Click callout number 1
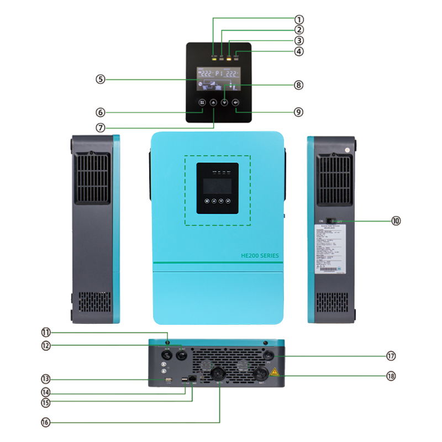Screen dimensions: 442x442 pyautogui.click(x=299, y=19)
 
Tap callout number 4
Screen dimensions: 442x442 pyautogui.click(x=299, y=51)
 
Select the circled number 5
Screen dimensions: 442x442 pyautogui.click(x=100, y=79)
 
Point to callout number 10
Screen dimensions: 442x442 pyautogui.click(x=396, y=220)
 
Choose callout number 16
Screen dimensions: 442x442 pyautogui.click(x=45, y=422)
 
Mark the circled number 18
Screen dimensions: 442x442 pyautogui.click(x=392, y=376)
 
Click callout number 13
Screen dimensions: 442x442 pyautogui.click(x=45, y=379)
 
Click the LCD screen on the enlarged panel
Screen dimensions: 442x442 pyautogui.click(x=219, y=80)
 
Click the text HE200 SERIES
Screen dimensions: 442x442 pyautogui.click(x=260, y=256)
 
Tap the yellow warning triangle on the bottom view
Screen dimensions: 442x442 pyautogui.click(x=273, y=372)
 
